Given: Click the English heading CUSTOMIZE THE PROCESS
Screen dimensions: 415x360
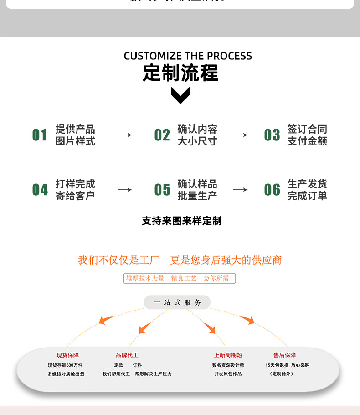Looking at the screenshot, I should (188, 56).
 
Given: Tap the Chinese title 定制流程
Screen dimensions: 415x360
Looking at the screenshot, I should (180, 73).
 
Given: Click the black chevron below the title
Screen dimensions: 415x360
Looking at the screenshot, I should (180, 95).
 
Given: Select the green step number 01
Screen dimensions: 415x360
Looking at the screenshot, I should (40, 135).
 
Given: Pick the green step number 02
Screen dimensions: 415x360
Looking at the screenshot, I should (162, 135).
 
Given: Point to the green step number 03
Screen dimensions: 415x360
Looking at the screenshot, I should (272, 135).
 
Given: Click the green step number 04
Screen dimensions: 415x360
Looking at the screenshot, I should (40, 190).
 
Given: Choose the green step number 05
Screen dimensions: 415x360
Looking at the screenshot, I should (162, 190).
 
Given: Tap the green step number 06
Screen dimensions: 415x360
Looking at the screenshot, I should (272, 190).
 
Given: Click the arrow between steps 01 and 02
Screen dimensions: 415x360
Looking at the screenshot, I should (124, 135).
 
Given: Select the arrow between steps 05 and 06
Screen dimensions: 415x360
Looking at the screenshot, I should (240, 190).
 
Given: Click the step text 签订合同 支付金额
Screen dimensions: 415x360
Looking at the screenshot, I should (307, 135).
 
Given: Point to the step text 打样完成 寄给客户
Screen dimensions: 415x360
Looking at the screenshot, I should (75, 190).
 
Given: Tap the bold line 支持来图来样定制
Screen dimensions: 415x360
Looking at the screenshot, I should (181, 221).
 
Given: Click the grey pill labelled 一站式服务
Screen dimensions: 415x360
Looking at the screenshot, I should (177, 302).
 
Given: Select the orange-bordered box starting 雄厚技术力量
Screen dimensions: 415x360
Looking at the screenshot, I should (180, 278).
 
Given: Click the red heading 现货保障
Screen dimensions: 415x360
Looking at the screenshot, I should (67, 355).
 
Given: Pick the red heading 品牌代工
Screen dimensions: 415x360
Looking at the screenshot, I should (127, 355).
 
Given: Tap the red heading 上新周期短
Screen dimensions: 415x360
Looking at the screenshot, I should (228, 355).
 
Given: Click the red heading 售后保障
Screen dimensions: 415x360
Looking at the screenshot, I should (285, 355).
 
